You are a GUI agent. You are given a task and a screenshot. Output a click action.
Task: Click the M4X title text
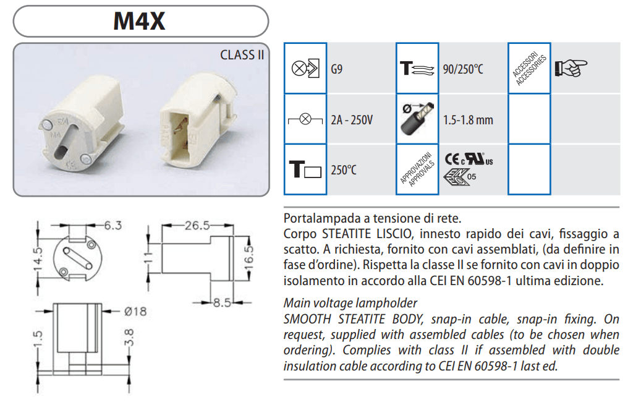(x=140, y=21)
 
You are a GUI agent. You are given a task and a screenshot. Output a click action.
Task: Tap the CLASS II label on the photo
(x=242, y=55)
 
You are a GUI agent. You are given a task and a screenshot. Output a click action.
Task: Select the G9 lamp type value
(x=336, y=69)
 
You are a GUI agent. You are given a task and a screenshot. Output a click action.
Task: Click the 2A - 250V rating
(x=352, y=120)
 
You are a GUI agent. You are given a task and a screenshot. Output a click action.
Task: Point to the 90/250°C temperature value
(x=463, y=69)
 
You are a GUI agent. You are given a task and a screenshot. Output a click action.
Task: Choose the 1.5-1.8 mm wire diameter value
(x=468, y=120)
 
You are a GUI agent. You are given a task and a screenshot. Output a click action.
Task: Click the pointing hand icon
(x=571, y=68)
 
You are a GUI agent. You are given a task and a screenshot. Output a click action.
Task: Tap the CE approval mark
(x=452, y=159)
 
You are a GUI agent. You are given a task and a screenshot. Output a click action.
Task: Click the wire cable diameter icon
(x=417, y=119)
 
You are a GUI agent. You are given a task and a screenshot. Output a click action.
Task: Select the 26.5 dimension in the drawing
(x=197, y=225)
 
